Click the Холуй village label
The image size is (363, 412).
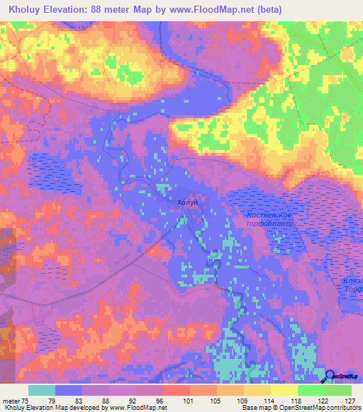pos(187,202)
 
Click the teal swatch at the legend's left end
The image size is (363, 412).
pos(42,390)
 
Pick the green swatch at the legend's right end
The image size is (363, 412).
pos(338,390)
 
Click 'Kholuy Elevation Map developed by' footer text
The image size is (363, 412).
pos(50,408)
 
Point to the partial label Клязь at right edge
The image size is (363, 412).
pos(352,281)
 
